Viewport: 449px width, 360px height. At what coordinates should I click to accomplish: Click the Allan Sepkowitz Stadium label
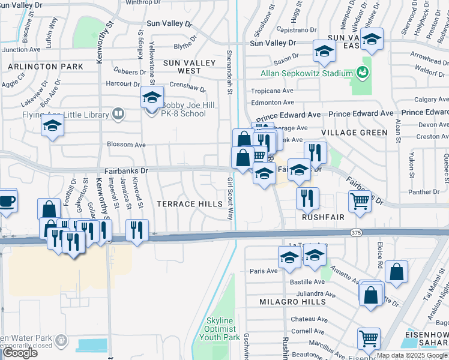point(306,73)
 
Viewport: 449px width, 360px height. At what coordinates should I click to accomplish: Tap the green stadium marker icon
point(361,73)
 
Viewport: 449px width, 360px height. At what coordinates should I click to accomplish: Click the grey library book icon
point(119,113)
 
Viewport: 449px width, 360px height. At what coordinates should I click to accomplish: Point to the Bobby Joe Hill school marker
point(152,97)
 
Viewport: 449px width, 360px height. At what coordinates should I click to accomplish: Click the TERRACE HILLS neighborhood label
point(189,204)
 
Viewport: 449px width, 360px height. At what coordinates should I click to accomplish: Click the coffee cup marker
point(7,201)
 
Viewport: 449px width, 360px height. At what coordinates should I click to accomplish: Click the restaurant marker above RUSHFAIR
point(307,199)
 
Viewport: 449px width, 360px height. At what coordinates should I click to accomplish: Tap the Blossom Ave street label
point(126,145)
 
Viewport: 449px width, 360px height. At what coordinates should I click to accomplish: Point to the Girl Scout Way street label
point(230,199)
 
